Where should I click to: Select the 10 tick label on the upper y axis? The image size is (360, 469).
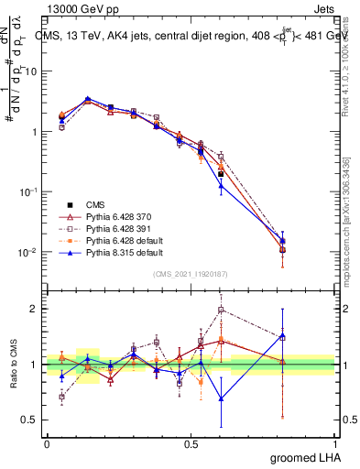[x=31, y=71]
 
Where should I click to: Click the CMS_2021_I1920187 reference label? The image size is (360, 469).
[x=191, y=274]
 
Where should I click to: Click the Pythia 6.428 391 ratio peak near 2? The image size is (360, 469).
[x=221, y=309]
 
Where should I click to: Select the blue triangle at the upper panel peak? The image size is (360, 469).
[x=87, y=98]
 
